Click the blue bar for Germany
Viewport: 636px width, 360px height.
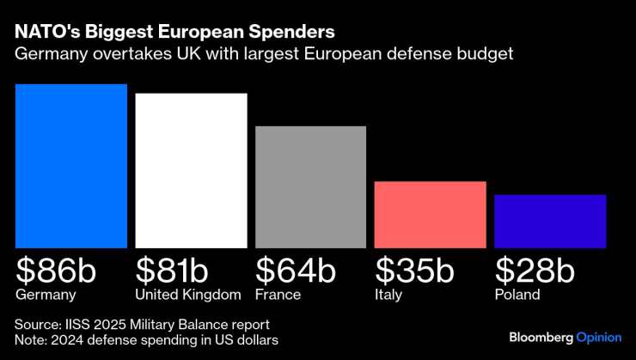(x=71, y=166)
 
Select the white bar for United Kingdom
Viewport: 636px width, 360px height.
(x=191, y=170)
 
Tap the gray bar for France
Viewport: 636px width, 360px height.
(x=310, y=187)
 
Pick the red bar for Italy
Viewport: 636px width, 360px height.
(x=430, y=215)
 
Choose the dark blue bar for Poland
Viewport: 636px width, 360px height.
(x=550, y=222)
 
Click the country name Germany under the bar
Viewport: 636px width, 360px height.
(x=46, y=296)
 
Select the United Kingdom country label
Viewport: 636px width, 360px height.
(x=188, y=295)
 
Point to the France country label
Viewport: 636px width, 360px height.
(x=278, y=295)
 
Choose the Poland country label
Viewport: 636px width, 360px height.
(x=517, y=295)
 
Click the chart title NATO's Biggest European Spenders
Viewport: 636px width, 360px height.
(x=174, y=33)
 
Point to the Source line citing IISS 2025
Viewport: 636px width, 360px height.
(x=142, y=325)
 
